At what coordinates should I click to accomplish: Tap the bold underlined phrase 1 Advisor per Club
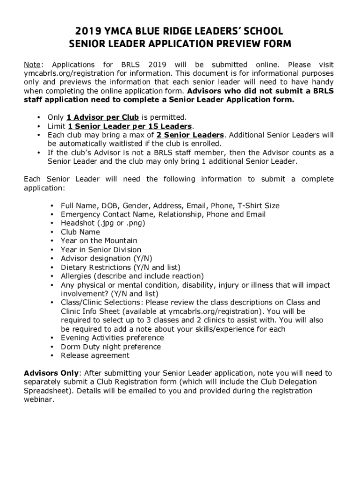point(102,117)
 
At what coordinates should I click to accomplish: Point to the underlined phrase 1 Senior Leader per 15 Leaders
point(130,126)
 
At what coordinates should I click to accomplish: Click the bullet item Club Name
point(80,232)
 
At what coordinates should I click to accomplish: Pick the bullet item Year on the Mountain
point(99,241)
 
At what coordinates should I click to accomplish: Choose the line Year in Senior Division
point(101,250)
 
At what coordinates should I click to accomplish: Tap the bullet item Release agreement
point(95,356)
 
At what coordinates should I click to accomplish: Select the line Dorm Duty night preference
point(110,347)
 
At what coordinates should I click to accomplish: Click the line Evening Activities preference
point(112,338)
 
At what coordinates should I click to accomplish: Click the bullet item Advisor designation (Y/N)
point(106,259)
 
